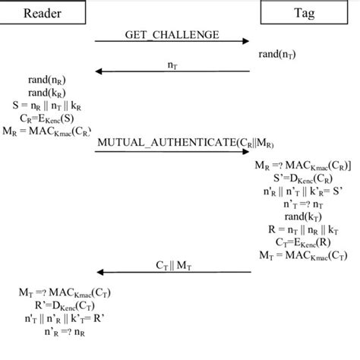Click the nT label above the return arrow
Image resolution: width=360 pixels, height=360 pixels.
173,65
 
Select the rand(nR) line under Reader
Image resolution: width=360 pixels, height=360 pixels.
48,80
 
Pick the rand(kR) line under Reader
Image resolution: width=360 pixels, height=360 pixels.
48,93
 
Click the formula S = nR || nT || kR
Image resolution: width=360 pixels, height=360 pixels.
48,105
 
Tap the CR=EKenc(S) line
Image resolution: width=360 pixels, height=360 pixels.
48,118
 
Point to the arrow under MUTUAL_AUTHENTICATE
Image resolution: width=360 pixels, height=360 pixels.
172,151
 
